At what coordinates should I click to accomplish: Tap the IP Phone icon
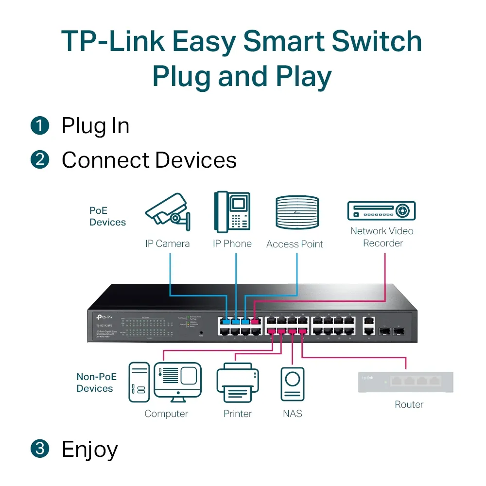[232, 212]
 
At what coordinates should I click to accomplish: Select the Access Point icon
[297, 213]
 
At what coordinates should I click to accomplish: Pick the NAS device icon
[293, 383]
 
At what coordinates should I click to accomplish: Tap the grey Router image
[405, 382]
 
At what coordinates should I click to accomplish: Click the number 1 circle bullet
[40, 126]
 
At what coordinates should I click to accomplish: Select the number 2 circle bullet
[40, 160]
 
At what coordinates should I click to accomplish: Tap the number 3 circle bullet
[40, 449]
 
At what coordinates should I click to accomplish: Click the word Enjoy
[90, 450]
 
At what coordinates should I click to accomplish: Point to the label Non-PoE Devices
[95, 382]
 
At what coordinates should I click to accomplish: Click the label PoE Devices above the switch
[107, 216]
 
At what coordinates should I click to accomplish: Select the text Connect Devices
[149, 160]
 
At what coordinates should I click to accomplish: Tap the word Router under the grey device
[409, 404]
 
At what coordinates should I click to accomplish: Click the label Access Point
[295, 244]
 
